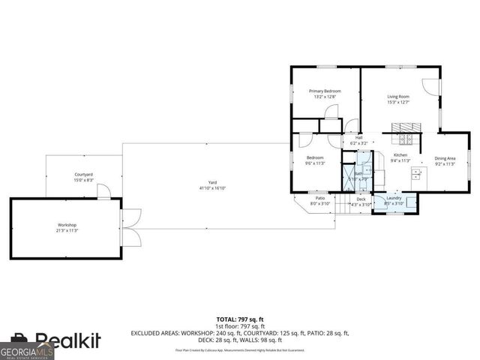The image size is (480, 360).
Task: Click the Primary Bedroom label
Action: click(325, 91)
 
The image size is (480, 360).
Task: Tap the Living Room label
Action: click(398, 97)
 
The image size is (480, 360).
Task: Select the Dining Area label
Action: click(445, 157)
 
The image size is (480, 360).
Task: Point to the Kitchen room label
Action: click(401, 155)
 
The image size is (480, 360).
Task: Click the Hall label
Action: click(358, 138)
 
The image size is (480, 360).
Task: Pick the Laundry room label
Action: click(394, 198)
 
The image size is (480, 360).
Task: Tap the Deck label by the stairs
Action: click(361, 199)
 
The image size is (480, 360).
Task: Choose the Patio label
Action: click(320, 198)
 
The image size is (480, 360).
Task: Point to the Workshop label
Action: click(67, 225)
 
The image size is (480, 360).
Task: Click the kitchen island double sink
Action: click(415, 175)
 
